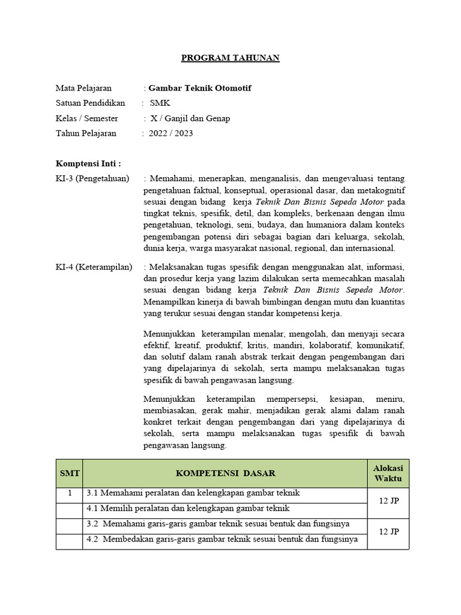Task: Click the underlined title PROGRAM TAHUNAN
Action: (x=230, y=58)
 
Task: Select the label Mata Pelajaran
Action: (x=83, y=88)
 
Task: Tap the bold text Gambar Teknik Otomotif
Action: (x=200, y=88)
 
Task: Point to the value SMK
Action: (x=160, y=103)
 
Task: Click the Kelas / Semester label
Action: (x=86, y=118)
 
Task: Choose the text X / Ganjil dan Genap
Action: (x=190, y=118)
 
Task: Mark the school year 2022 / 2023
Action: (x=172, y=133)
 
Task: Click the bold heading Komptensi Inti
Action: (x=88, y=163)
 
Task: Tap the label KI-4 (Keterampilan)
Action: (x=94, y=267)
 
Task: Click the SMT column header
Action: (x=69, y=473)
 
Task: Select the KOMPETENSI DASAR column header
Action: (x=225, y=473)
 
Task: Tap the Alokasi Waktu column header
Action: (x=388, y=473)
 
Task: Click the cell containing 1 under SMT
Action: (x=69, y=494)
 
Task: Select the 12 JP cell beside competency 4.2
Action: (x=388, y=532)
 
